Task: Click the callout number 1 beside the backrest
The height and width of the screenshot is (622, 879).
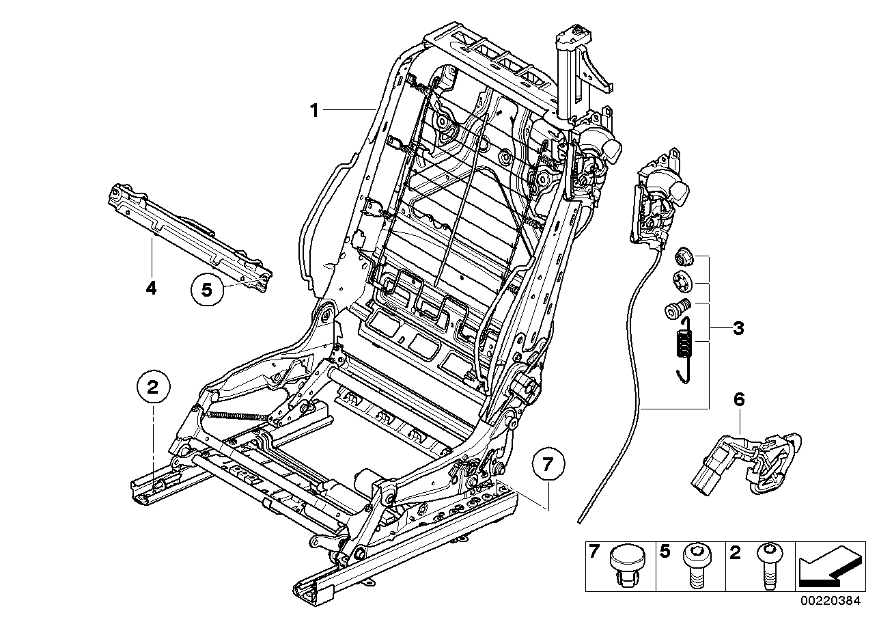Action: [x=314, y=111]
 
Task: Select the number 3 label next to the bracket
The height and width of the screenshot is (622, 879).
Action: [x=738, y=328]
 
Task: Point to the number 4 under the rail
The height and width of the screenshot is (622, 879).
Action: [x=151, y=288]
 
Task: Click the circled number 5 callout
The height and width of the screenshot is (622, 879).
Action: [x=207, y=290]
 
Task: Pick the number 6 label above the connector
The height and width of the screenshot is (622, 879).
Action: [x=739, y=400]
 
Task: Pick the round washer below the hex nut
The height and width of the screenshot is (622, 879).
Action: [x=683, y=282]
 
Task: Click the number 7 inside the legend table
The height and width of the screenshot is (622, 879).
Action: [x=594, y=552]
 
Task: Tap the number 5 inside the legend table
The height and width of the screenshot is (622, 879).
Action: [x=664, y=552]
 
